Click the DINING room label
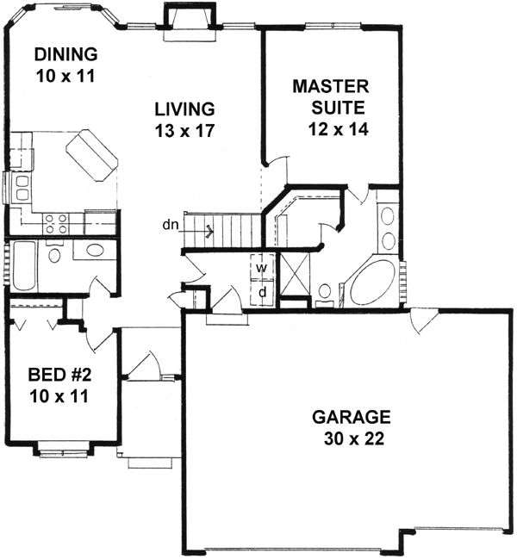pyautogui.click(x=63, y=55)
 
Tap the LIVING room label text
pyautogui.click(x=184, y=109)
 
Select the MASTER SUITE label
pyautogui.click(x=331, y=97)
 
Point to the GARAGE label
pyautogui.click(x=351, y=418)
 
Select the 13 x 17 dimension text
pyautogui.click(x=184, y=131)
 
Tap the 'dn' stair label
pyautogui.click(x=170, y=227)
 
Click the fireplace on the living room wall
pyautogui.click(x=186, y=18)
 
